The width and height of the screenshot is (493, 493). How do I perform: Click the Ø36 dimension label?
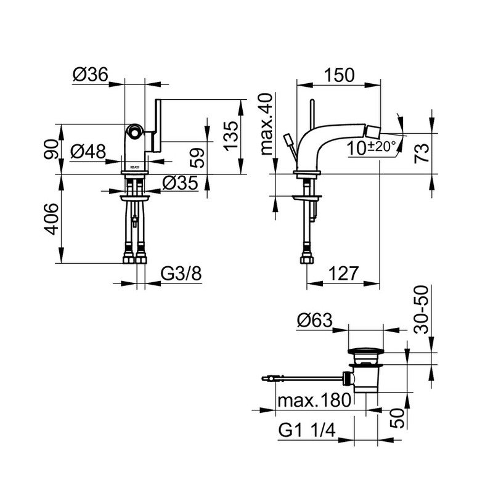click(91, 75)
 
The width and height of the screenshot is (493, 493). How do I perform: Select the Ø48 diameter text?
click(88, 152)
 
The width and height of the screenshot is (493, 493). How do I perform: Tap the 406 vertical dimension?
click(51, 219)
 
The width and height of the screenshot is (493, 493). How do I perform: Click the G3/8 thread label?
click(181, 274)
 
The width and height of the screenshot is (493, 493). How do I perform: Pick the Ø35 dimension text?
click(180, 182)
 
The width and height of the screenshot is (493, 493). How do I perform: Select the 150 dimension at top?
click(339, 75)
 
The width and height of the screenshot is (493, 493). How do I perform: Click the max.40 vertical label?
click(267, 124)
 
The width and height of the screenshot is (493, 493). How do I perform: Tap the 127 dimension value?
click(343, 273)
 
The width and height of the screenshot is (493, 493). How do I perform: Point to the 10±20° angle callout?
click(372, 148)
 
